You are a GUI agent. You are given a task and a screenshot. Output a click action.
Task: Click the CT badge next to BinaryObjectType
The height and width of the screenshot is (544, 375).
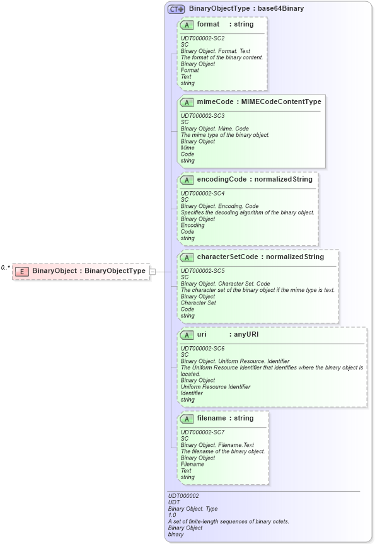pos(176,9)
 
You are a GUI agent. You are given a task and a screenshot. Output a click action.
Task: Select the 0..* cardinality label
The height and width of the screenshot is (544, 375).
pos(6,268)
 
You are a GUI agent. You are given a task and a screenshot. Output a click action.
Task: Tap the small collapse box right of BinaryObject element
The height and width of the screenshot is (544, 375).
pos(153,271)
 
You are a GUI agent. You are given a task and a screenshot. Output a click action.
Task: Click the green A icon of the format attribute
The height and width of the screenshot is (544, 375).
pos(187,25)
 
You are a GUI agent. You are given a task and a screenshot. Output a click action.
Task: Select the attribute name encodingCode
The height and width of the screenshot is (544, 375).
pos(222,180)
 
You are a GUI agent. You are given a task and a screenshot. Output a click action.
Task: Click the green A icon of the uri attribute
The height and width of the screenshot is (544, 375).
pos(187,335)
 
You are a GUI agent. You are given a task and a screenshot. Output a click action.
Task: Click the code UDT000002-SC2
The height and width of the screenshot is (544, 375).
pos(202,38)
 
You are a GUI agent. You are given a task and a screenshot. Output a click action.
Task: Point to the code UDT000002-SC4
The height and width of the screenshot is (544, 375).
pos(202,194)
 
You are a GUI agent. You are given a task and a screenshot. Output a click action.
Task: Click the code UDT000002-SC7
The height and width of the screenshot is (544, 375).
pos(202,432)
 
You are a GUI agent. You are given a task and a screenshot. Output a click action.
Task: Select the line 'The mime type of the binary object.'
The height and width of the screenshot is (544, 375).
pos(225,135)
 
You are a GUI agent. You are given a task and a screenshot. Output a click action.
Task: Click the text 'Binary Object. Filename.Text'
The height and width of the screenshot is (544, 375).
pos(217,445)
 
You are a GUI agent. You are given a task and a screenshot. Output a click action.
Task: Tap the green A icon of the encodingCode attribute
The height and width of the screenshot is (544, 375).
pos(187,180)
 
